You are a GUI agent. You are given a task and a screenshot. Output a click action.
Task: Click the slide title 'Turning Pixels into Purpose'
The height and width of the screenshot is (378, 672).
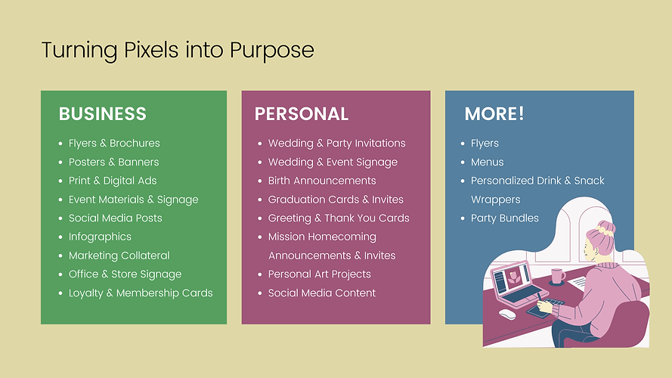coord(177,51)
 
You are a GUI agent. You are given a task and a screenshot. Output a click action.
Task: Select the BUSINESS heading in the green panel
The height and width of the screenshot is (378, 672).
coord(102,114)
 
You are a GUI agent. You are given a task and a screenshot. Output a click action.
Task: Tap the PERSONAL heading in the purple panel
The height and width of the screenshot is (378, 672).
coord(301,114)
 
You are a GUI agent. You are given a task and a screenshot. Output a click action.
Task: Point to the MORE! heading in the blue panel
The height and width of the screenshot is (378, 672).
coord(494,114)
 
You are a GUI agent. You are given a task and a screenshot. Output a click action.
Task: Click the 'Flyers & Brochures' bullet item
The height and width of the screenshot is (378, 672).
coord(114,143)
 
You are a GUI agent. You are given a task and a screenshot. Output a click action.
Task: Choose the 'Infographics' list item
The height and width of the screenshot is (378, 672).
coord(100,237)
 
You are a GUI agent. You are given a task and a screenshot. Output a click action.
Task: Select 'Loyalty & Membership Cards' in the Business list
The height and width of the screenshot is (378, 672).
coord(141,293)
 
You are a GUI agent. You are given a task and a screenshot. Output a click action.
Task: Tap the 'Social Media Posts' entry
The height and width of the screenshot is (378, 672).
coord(115,218)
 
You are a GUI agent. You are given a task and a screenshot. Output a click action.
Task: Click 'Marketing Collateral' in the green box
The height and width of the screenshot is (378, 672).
coord(119,256)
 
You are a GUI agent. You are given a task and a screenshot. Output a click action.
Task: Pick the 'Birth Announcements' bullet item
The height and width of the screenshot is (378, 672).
coord(321,181)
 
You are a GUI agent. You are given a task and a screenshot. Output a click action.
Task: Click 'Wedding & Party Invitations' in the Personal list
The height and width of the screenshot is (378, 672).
coord(336,143)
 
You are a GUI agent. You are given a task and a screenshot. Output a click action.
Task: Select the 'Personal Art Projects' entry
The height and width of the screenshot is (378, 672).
coord(319,274)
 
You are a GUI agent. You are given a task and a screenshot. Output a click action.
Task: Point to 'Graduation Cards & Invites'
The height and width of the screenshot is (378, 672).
coord(336,200)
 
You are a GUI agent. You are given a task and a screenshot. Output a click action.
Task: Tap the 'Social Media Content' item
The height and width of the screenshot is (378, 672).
coord(321,293)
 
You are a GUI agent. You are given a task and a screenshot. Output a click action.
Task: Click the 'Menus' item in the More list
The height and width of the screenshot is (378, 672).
coord(487,162)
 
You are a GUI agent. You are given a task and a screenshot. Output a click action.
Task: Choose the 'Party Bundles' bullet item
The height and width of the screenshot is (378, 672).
coord(504,218)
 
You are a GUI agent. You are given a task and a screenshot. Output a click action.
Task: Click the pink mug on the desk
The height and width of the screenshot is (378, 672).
coord(557,276)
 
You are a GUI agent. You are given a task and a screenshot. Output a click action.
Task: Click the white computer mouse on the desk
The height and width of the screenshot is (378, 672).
coord(506,314)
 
